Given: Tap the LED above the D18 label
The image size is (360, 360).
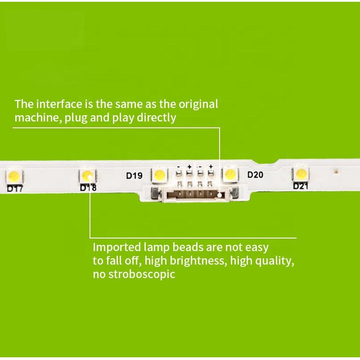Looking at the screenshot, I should (x=87, y=174).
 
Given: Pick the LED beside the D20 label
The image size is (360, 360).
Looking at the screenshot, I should (x=230, y=173).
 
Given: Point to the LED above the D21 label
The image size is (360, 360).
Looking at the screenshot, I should (x=300, y=172).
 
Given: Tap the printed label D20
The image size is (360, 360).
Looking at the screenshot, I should (x=256, y=175).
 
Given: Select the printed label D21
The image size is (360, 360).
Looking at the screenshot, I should (x=301, y=186).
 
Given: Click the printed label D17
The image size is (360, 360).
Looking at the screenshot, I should (x=15, y=189).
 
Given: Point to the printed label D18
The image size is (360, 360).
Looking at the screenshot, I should (x=88, y=188).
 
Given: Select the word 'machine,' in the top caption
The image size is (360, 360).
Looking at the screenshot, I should (x=38, y=118).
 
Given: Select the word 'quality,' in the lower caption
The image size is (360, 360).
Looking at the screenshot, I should (x=275, y=261).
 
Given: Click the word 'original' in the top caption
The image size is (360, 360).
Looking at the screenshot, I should (x=199, y=104).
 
